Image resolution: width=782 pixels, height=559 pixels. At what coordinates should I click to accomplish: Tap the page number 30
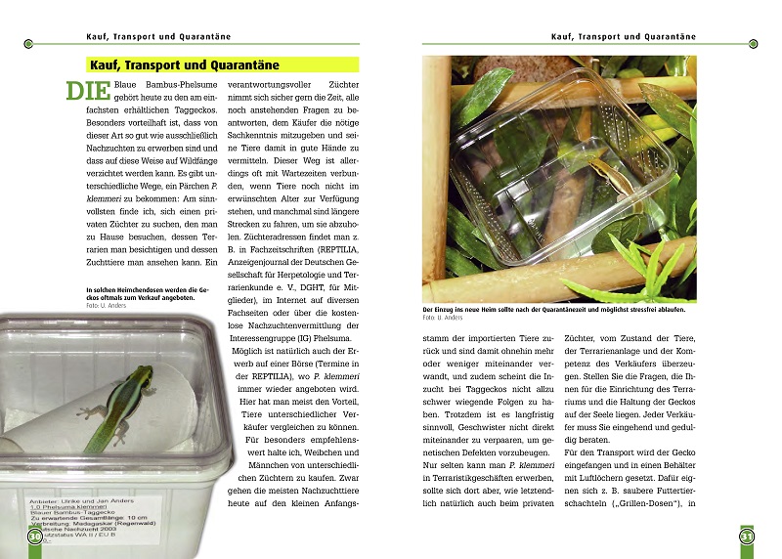pyautogui.click(x=34, y=537)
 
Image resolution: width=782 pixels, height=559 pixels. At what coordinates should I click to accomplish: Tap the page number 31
pyautogui.click(x=746, y=537)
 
